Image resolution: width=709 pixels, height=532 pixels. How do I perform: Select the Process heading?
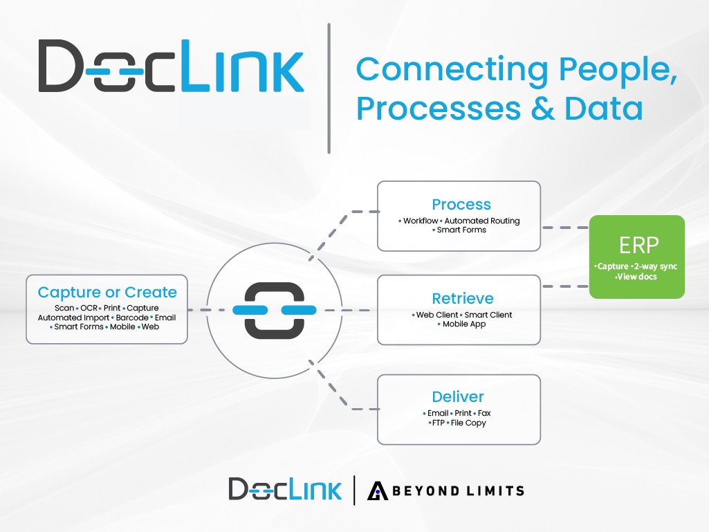coord(461,204)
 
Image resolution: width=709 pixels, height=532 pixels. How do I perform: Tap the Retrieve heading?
coord(463,299)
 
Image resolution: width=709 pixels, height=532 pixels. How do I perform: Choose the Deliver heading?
coord(458,397)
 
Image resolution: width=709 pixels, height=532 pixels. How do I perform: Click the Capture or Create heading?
coord(107,292)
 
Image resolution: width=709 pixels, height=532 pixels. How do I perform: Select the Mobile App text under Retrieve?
coord(464,324)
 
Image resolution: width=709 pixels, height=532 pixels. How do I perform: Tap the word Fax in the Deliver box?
coord(484,413)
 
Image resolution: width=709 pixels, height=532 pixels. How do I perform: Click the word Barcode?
coord(132,318)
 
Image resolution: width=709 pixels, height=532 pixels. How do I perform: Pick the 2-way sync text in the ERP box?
coord(654,266)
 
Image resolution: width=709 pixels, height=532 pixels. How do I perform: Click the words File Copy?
coord(469,423)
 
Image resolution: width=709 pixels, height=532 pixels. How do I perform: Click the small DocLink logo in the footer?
coord(285,489)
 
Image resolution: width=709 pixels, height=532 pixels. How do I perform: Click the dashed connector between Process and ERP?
coord(564,227)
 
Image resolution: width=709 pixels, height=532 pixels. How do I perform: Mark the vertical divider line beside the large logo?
coord(329,88)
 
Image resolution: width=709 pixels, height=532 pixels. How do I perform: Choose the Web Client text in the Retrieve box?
coord(437,315)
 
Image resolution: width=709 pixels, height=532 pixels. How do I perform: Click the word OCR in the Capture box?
coord(88,308)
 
